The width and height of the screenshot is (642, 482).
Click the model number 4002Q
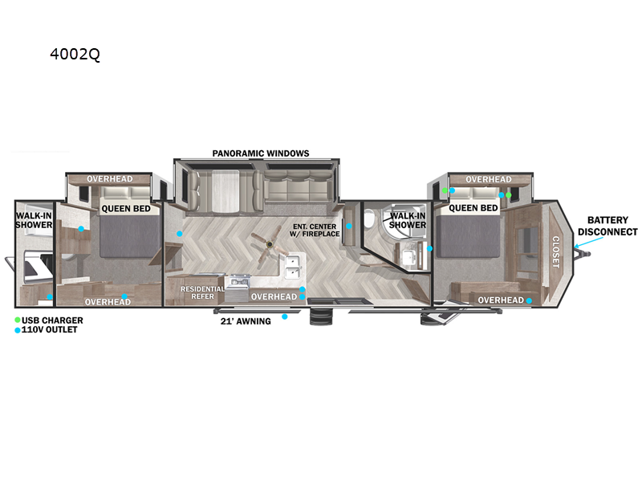click(75, 55)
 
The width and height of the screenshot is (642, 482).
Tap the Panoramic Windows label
click(261, 153)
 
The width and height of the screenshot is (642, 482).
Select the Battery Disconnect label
click(612, 226)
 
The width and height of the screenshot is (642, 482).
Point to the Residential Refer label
click(202, 292)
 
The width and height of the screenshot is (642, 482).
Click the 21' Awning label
click(246, 321)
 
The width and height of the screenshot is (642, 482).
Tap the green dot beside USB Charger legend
click(18, 320)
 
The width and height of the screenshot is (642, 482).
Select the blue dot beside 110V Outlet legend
click(18, 330)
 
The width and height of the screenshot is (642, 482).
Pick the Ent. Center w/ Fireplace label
click(316, 230)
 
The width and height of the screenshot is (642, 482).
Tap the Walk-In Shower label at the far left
click(34, 220)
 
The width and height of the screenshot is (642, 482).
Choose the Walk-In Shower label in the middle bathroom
click(408, 219)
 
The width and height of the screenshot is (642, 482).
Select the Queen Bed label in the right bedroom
click(473, 208)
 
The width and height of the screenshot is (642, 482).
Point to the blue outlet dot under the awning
click(284, 317)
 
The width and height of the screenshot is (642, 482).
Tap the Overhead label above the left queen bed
click(109, 178)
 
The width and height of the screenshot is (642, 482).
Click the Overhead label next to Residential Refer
click(274, 296)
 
